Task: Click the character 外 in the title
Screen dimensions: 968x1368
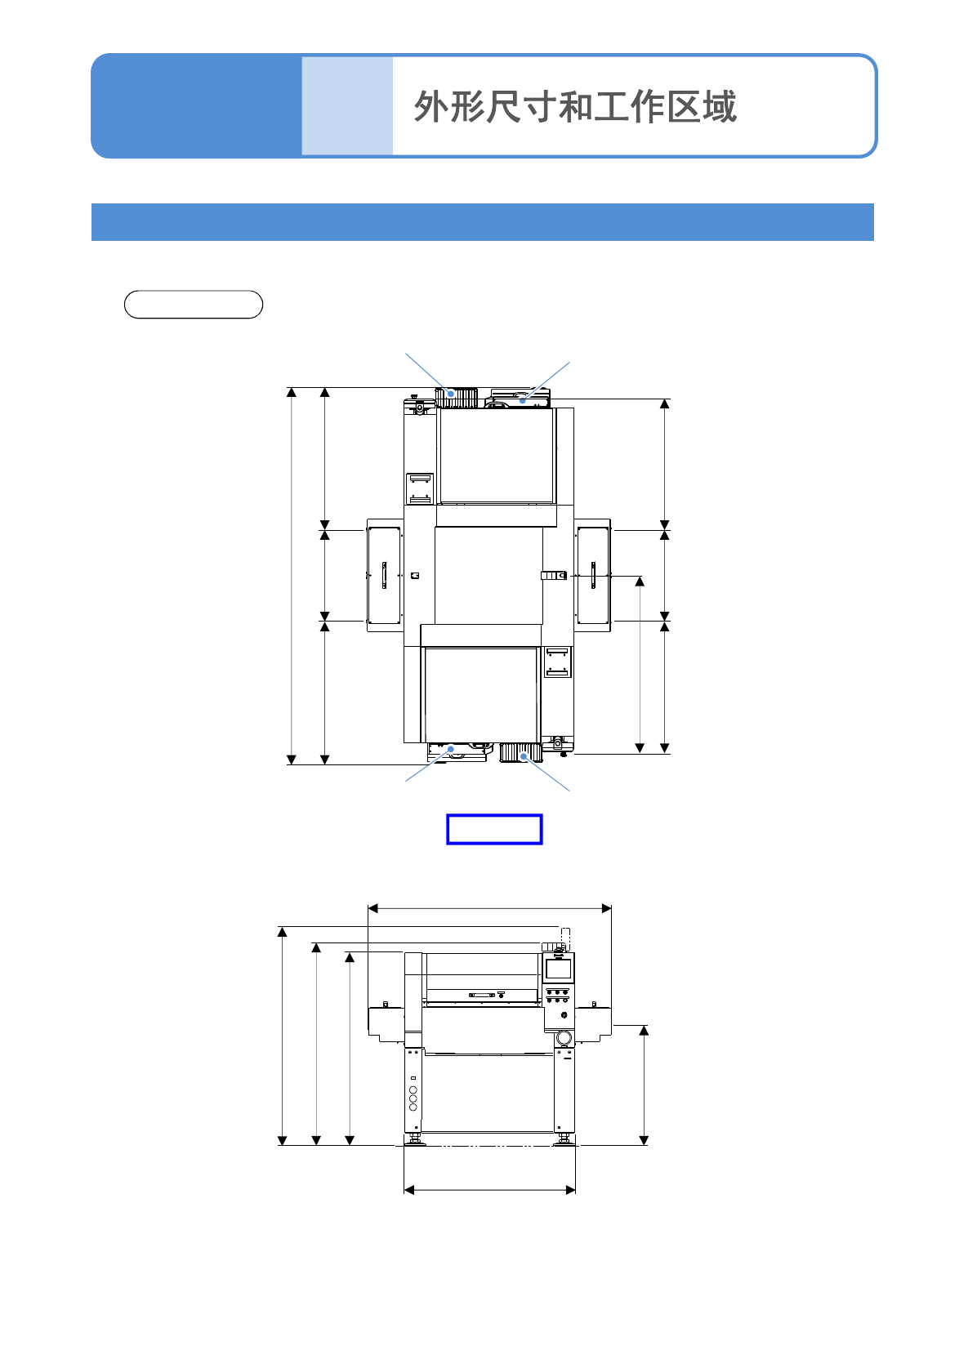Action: (431, 107)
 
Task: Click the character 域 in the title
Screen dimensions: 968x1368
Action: (720, 107)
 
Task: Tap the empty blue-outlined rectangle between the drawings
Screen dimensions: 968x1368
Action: (494, 829)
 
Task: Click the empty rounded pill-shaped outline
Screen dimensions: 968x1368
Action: (194, 304)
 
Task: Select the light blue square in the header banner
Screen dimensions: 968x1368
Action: (347, 105)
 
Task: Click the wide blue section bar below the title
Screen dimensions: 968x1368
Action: (483, 221)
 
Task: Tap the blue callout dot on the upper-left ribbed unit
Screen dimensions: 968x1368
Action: (452, 394)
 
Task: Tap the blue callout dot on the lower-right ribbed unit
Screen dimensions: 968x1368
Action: (524, 756)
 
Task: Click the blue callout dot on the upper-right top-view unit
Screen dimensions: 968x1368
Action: (522, 401)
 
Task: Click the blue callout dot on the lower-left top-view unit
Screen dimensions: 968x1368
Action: (451, 749)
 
